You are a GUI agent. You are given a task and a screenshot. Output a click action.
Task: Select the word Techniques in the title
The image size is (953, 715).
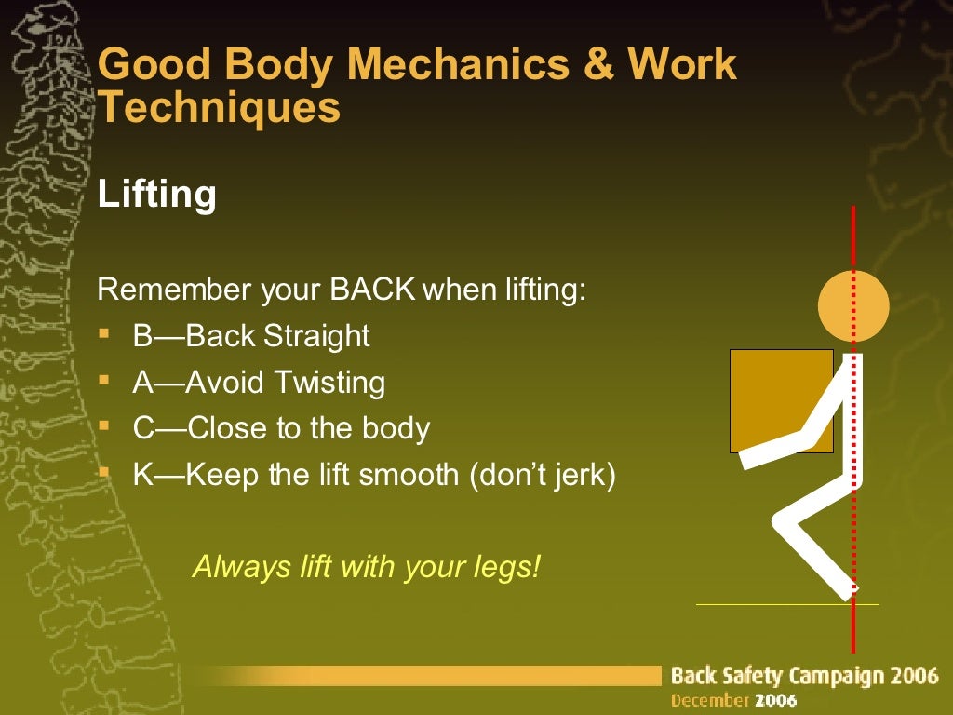tap(220, 108)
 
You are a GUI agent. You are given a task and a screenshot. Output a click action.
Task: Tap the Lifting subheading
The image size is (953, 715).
tap(156, 195)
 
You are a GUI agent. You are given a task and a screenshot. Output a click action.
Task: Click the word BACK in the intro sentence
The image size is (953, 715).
tap(372, 290)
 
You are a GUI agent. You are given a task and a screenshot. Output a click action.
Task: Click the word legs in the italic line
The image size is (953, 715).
tap(510, 566)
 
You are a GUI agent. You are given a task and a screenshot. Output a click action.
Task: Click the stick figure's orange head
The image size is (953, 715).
tap(853, 305)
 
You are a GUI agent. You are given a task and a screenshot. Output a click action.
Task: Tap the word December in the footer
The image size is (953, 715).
tap(710, 699)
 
